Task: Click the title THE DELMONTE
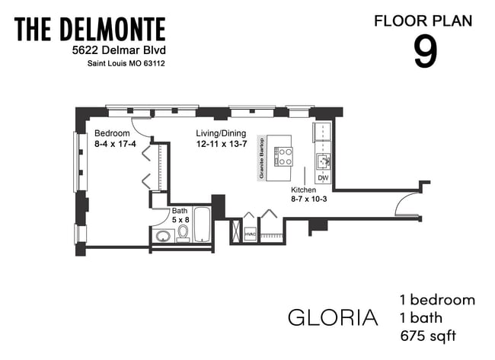pos(89,30)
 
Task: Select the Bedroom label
pos(112,132)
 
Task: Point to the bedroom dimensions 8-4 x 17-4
pos(115,143)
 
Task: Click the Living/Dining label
pos(222,132)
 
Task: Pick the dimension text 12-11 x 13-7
pos(222,143)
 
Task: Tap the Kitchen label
pos(304,190)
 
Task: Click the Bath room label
pos(179,211)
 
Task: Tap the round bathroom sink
pos(163,236)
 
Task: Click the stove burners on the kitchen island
pos(285,155)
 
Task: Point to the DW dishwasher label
pos(323,178)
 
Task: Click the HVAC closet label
pos(249,234)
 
